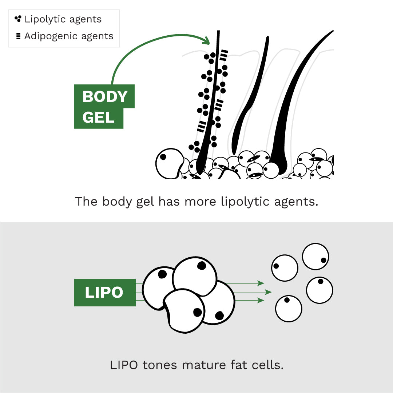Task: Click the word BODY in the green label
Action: pyautogui.click(x=105, y=97)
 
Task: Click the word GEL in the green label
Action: pyautogui.click(x=98, y=118)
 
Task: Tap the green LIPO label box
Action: pyautogui.click(x=104, y=292)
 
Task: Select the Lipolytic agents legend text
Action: pyautogui.click(x=63, y=19)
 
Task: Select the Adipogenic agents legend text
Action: pyautogui.click(x=69, y=36)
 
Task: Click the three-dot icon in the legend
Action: pyautogui.click(x=18, y=19)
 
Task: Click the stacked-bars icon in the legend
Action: pyautogui.click(x=18, y=36)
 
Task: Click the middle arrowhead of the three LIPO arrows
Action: pyautogui.click(x=269, y=292)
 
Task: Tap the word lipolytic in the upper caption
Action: pyautogui.click(x=244, y=202)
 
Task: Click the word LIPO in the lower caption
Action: pyautogui.click(x=124, y=365)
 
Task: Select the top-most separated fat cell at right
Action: pyautogui.click(x=315, y=257)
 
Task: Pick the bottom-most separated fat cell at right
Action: pyautogui.click(x=289, y=309)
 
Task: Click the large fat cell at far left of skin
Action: pyautogui.click(x=170, y=162)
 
